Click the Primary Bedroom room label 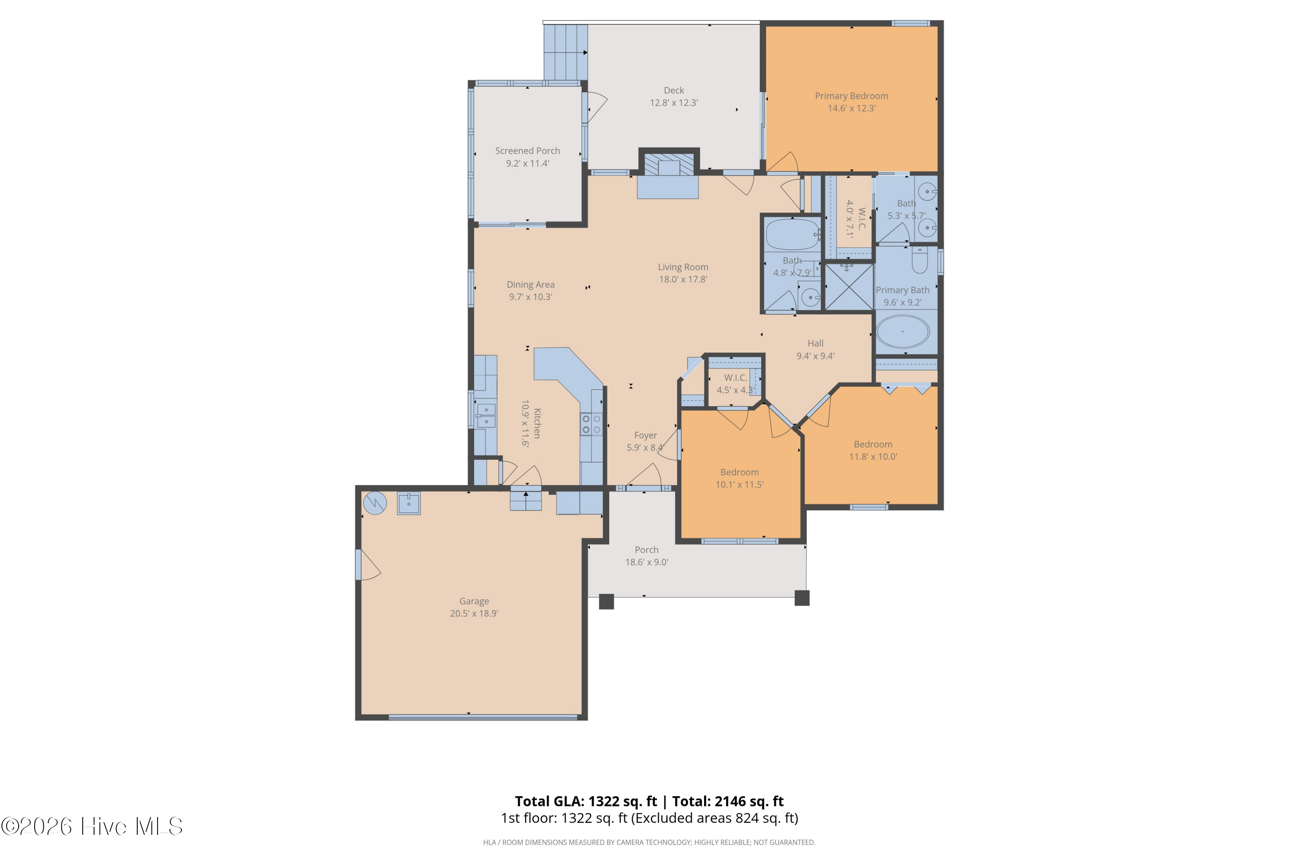851,96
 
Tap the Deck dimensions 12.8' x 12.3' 674,103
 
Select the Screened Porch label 527,151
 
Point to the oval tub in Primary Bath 903,331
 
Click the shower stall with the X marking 849,287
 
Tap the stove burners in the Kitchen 591,424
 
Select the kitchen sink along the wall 486,415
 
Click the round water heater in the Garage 375,503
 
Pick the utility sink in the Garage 409,504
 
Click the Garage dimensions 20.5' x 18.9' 474,613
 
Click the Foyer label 646,435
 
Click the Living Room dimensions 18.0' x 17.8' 683,279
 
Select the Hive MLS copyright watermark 92,826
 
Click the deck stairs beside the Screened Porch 565,52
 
